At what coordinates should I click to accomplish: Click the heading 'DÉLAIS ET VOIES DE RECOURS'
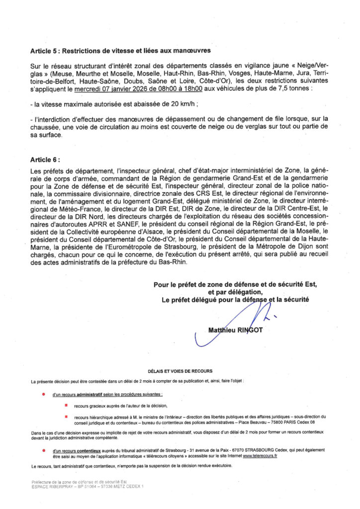tap(180, 371)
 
